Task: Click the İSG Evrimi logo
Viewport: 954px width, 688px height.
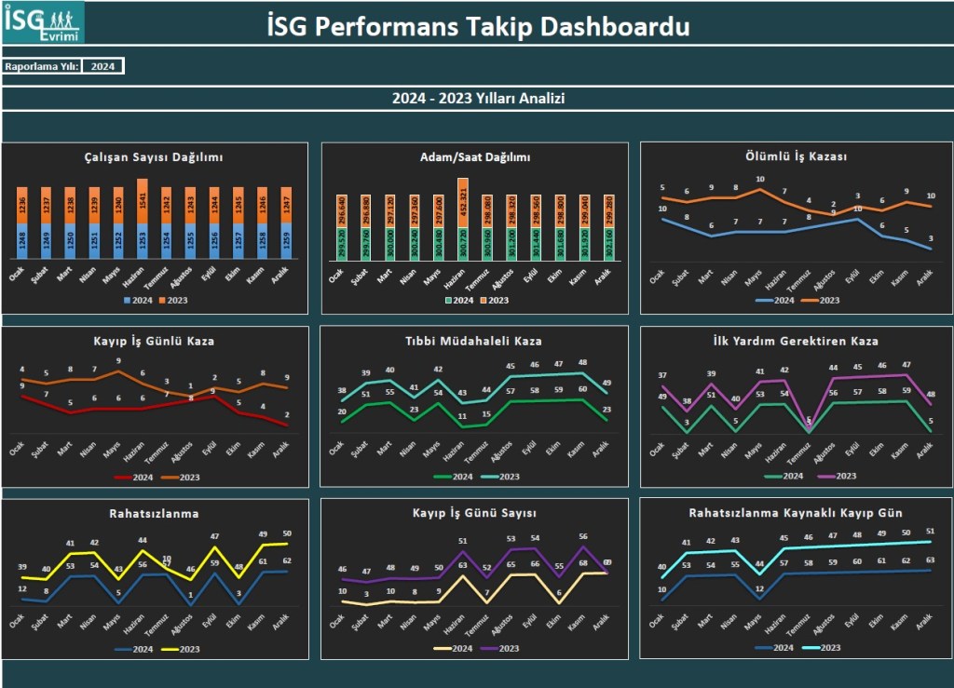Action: pyautogui.click(x=43, y=22)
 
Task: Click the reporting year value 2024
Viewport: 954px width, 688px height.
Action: pyautogui.click(x=102, y=66)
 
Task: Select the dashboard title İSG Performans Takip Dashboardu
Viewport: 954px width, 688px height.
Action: pyautogui.click(x=478, y=26)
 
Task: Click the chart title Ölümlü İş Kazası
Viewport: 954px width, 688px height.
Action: pyautogui.click(x=797, y=156)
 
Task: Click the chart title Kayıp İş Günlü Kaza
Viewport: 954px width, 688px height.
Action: pyautogui.click(x=154, y=341)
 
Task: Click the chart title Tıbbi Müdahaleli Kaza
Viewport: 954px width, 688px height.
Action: pyautogui.click(x=473, y=341)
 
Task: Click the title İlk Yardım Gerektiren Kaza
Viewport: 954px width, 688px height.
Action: pyautogui.click(x=797, y=341)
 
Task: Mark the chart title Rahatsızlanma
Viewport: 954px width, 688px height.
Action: pyautogui.click(x=154, y=512)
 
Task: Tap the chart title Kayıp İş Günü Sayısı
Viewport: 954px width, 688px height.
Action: pyautogui.click(x=474, y=512)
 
